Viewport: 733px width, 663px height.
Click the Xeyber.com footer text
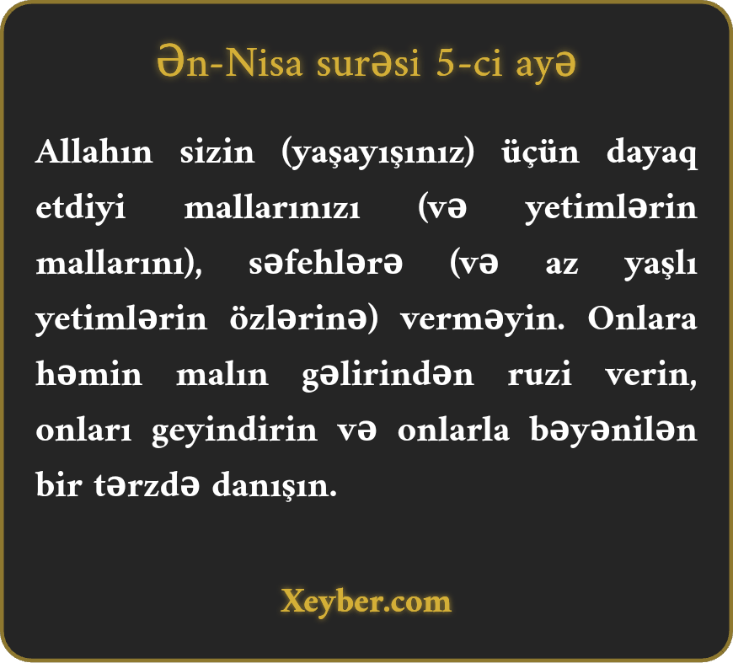click(x=366, y=602)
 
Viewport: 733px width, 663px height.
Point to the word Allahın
click(x=94, y=152)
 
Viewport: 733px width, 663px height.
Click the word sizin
click(x=217, y=152)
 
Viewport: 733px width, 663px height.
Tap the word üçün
click(x=540, y=152)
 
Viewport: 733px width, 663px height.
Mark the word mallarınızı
click(x=272, y=207)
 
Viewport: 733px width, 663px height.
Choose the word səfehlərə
click(x=325, y=263)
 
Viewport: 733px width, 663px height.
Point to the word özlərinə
click(x=298, y=319)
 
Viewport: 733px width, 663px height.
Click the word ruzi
click(x=539, y=375)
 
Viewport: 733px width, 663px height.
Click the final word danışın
click(x=275, y=486)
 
